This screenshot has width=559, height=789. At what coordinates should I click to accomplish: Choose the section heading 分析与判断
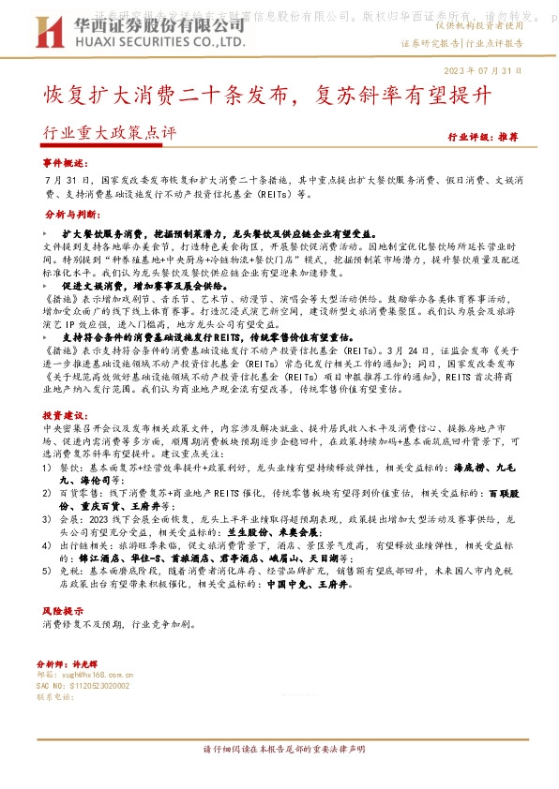68,214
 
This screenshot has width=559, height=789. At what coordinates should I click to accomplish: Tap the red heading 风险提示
62,609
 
